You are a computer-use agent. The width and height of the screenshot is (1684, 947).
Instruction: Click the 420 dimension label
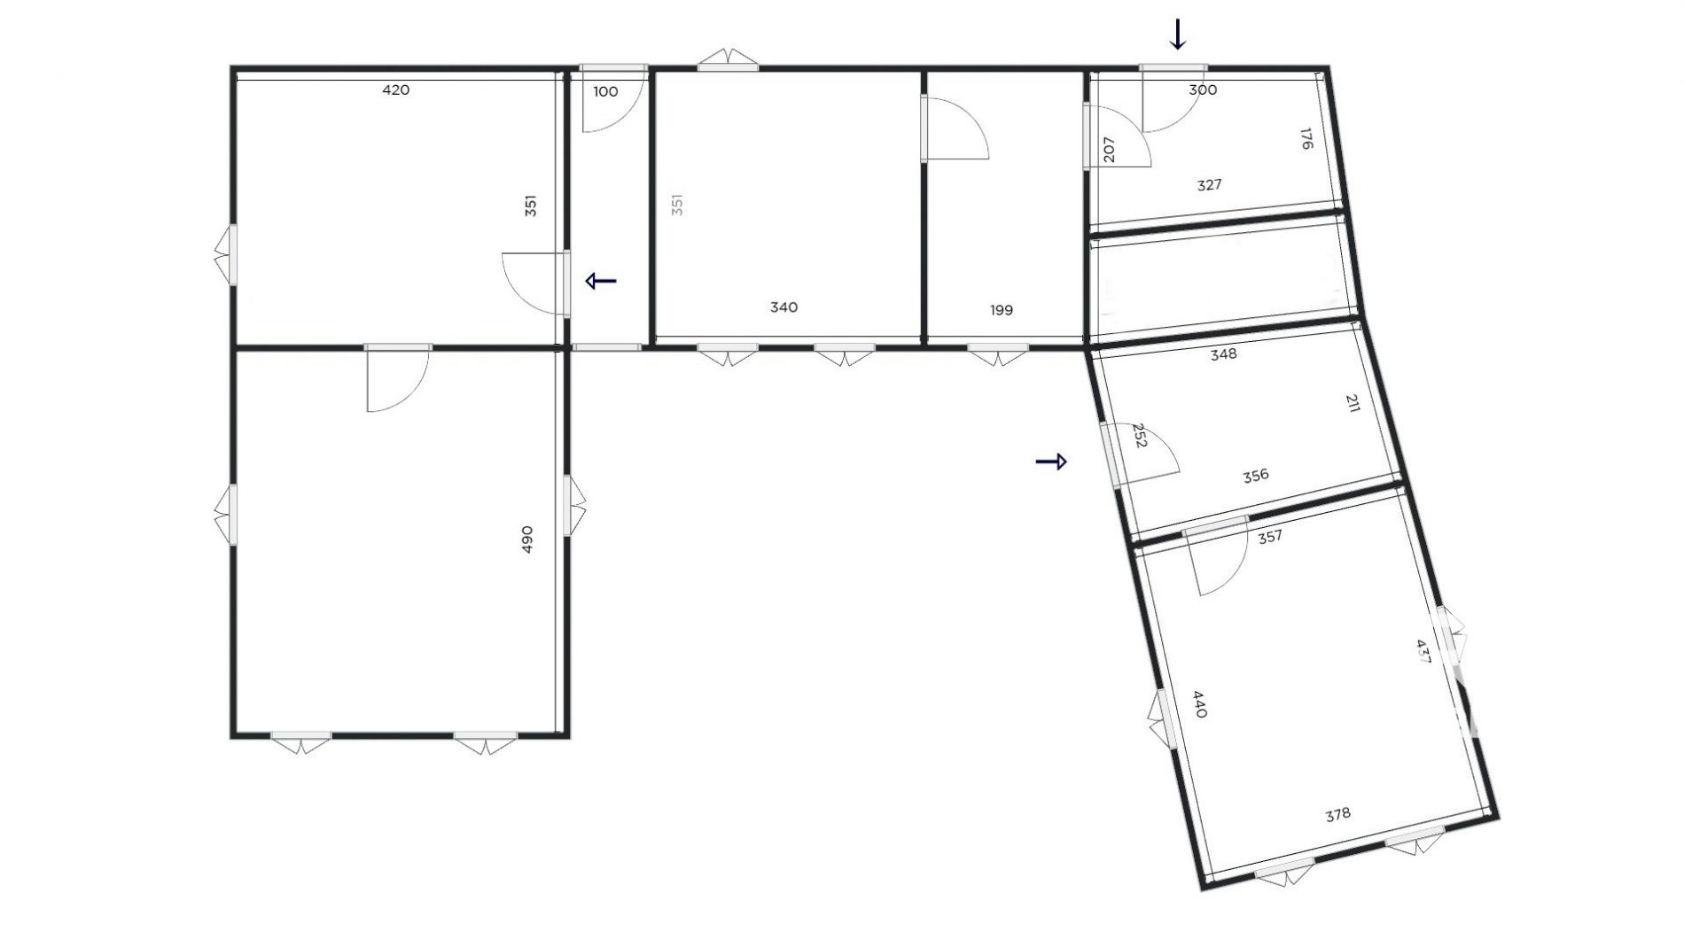pos(395,89)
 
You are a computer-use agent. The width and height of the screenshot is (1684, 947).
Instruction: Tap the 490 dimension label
pos(527,539)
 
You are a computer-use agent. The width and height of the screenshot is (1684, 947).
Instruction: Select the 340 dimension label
pos(784,307)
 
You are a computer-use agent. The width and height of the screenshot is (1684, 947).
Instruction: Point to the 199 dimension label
pos(1001,310)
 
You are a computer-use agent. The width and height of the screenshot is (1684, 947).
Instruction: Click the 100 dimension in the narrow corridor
pos(605,91)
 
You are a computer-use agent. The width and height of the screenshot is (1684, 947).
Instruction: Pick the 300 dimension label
pos(1203,89)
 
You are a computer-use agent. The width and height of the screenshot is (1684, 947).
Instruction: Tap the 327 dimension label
pos(1209,185)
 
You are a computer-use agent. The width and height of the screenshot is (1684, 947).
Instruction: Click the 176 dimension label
pos(1306,139)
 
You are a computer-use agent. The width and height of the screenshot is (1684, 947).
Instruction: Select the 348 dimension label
pos(1223,354)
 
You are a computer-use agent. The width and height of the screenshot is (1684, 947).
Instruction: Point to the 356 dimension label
pos(1255,476)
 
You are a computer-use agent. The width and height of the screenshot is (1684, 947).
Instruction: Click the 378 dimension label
pos(1337,814)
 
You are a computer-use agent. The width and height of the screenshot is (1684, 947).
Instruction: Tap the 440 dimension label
pos(1199,704)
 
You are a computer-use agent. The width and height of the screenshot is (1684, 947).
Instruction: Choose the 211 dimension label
pos(1353,404)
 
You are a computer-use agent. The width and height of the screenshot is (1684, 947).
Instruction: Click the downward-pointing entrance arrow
pos(1178,35)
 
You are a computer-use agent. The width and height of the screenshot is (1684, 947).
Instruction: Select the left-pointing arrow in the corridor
pos(601,282)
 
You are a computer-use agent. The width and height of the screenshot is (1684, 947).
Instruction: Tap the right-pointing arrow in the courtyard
pos(1051,462)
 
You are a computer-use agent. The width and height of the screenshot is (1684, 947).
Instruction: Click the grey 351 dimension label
pos(677,206)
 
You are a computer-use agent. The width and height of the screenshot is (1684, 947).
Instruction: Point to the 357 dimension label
pos(1270,536)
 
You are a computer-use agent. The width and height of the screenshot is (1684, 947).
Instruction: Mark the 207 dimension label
pos(1109,149)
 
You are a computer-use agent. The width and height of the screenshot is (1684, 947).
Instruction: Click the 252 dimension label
pos(1140,435)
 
